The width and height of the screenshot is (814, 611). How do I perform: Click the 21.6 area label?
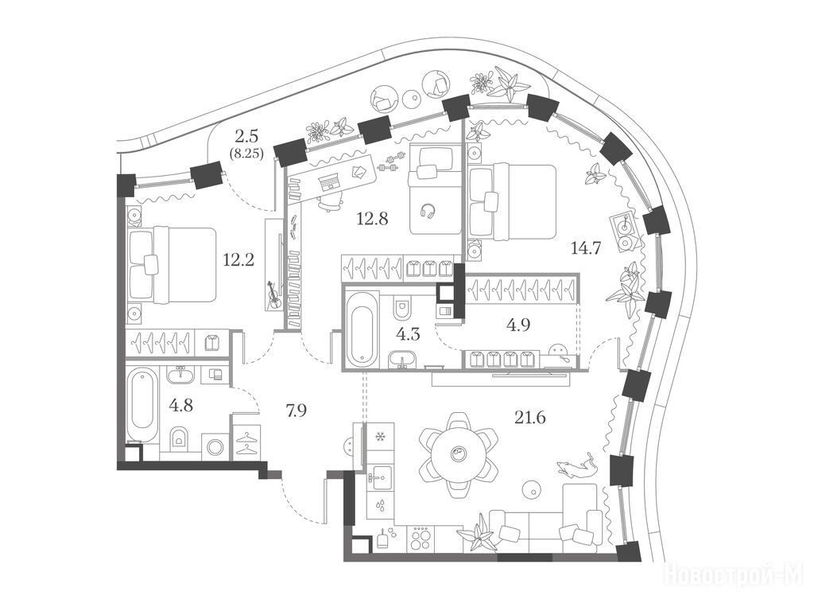pyautogui.click(x=530, y=417)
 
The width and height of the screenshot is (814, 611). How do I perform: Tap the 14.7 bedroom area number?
pyautogui.click(x=586, y=248)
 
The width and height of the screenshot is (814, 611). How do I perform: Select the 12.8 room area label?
pyautogui.click(x=372, y=219)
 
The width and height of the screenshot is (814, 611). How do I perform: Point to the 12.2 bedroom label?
pyautogui.click(x=238, y=259)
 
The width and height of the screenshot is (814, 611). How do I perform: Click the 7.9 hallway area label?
pyautogui.click(x=297, y=411)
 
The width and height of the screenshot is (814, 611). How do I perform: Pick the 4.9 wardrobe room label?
pyautogui.click(x=518, y=325)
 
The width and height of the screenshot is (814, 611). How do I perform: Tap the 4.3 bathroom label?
pyautogui.click(x=408, y=334)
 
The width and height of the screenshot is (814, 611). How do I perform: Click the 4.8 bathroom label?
pyautogui.click(x=181, y=405)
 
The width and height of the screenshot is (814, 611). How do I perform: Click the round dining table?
pyautogui.click(x=459, y=453)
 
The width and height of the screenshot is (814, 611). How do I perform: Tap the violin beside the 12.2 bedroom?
pyautogui.click(x=273, y=295)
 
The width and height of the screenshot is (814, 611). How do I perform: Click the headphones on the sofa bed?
pyautogui.click(x=428, y=210)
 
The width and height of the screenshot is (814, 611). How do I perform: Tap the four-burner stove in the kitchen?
pyautogui.click(x=420, y=538)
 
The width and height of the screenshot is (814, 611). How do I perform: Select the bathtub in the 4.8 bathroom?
pyautogui.click(x=143, y=405)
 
